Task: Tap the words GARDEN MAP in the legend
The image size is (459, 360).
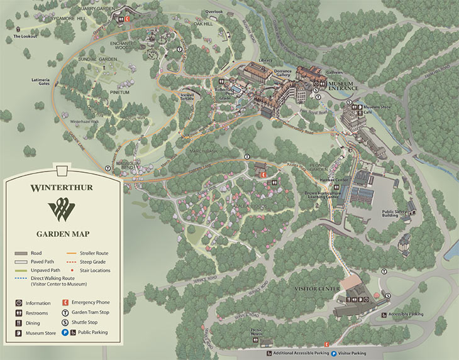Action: (x=61, y=231)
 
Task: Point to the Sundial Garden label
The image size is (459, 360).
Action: (x=99, y=58)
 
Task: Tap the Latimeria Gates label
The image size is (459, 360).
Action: (x=44, y=82)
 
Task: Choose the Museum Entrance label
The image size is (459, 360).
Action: (x=342, y=85)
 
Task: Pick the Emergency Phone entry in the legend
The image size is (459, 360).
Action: (x=90, y=302)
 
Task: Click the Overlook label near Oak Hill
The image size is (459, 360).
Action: (x=213, y=11)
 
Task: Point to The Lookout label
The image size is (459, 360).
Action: (x=26, y=36)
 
